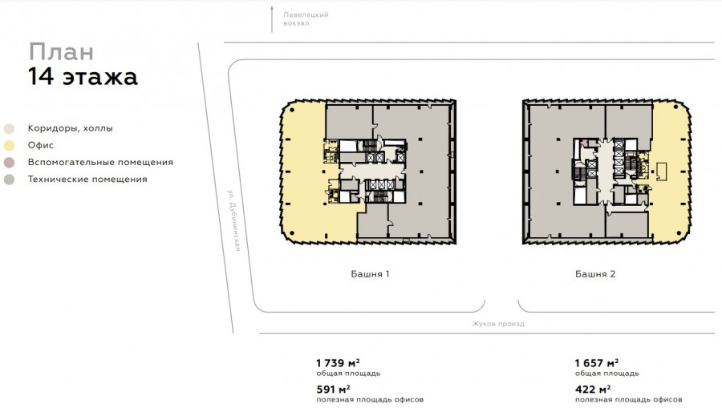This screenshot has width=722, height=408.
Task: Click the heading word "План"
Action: tap(61, 51)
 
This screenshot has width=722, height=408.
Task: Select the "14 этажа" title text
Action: tap(83, 77)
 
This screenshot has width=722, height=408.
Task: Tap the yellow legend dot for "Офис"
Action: tap(9, 146)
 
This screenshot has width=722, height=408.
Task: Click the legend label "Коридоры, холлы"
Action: tap(70, 128)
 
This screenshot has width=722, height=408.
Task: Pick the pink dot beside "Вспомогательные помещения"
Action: tap(9, 163)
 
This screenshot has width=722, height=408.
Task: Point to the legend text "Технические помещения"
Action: tap(87, 180)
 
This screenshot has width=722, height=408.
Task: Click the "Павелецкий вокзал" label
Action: tap(306, 19)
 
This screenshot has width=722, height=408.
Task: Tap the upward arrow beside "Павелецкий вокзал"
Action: tap(272, 19)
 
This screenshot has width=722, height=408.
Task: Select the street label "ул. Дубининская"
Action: tap(234, 220)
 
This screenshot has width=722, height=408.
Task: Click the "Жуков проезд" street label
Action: tap(498, 324)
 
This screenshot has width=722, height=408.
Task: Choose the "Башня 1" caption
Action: tap(370, 274)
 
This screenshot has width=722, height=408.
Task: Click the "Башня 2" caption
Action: tap(595, 274)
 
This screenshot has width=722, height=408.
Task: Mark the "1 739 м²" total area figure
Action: tap(338, 363)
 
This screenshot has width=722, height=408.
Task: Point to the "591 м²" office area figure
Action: tap(333, 390)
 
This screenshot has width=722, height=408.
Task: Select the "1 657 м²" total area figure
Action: tap(597, 363)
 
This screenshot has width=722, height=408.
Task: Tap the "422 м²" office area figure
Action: tap(593, 390)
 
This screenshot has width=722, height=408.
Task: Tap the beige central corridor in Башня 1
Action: tap(372, 172)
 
